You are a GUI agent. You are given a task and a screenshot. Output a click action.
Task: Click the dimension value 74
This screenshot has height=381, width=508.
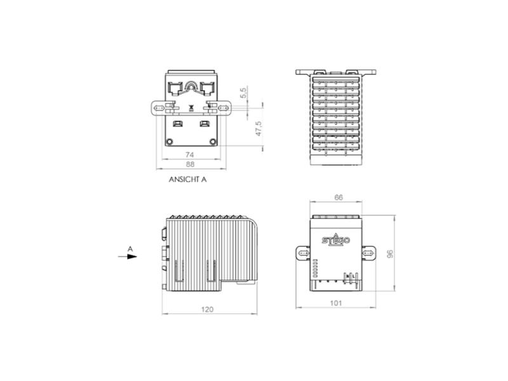(x=189, y=154)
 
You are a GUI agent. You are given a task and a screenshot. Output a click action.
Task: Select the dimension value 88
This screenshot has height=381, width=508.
(x=190, y=164)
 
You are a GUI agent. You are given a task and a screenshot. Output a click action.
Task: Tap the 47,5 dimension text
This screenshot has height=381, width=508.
(x=258, y=129)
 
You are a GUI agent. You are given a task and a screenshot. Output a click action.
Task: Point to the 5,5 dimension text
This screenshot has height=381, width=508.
(x=243, y=92)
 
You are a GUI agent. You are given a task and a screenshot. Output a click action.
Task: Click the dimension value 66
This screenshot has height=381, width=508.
(x=338, y=197)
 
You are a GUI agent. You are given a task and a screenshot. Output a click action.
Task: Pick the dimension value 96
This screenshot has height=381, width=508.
(x=390, y=253)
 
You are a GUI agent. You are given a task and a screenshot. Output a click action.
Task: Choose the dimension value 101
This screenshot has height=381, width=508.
(x=336, y=303)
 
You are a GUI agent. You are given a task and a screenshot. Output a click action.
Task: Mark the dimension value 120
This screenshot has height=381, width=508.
(x=208, y=309)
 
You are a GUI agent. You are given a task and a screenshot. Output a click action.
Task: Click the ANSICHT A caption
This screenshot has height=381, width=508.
(x=187, y=179)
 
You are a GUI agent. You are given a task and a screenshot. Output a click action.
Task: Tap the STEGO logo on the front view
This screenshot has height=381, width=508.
(x=336, y=240)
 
